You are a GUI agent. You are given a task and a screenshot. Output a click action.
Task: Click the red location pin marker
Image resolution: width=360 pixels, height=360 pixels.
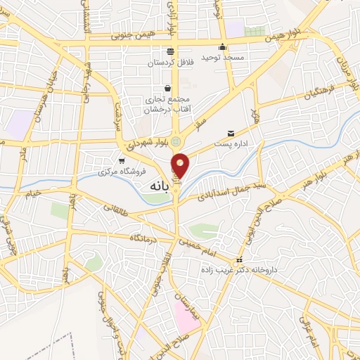click(x=181, y=165)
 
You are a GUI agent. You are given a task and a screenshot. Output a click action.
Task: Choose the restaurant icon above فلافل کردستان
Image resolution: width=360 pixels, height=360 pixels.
click(x=170, y=51)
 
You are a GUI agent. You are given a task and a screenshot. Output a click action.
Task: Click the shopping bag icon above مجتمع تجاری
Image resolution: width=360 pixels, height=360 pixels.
click(x=167, y=89)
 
